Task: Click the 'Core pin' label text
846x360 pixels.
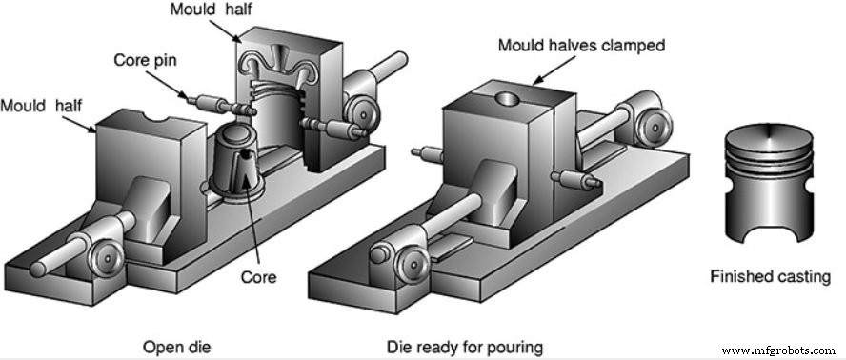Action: point(145,60)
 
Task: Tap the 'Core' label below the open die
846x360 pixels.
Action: point(258,277)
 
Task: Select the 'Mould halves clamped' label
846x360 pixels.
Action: point(581,45)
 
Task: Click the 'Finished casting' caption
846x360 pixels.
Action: point(770,277)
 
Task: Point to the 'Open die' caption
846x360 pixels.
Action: point(176,347)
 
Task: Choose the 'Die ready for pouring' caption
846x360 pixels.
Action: point(465,347)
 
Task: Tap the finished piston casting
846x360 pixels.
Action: point(770,183)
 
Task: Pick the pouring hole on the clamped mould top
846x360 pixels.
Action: point(507,99)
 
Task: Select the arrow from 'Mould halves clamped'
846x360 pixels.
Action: point(554,70)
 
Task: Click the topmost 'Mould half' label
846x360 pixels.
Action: point(211,10)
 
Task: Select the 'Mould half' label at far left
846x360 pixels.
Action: point(42,106)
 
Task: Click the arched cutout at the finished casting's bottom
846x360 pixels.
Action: point(770,233)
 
